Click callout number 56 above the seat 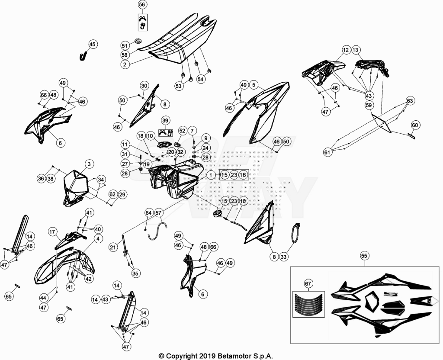pyautogui.click(x=143, y=5)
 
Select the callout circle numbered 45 pyautogui.click(x=93, y=45)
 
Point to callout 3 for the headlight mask pyautogui.click(x=89, y=164)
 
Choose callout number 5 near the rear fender pyautogui.click(x=254, y=85)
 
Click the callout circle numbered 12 pyautogui.click(x=346, y=50)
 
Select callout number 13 pyautogui.click(x=356, y=50)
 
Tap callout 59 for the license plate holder pyautogui.click(x=369, y=106)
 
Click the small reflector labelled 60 pyautogui.click(x=412, y=136)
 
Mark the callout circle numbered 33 pyautogui.click(x=284, y=257)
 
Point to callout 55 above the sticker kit pyautogui.click(x=364, y=256)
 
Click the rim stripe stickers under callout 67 pyautogui.click(x=308, y=304)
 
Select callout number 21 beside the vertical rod pyautogui.click(x=113, y=247)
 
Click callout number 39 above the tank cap pyautogui.click(x=165, y=121)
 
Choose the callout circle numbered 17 pyautogui.click(x=52, y=232)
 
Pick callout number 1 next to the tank pyautogui.click(x=211, y=175)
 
